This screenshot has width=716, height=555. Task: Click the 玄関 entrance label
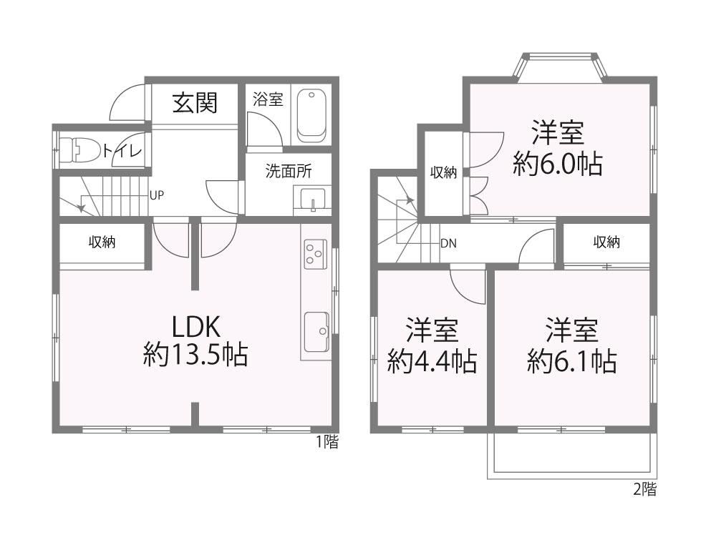coord(195,102)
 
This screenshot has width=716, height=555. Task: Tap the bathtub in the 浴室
coord(312,116)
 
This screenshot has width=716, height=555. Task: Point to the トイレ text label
coord(122,150)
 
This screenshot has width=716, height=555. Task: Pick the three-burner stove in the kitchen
coord(315,255)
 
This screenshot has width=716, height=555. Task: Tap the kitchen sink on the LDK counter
coord(316,332)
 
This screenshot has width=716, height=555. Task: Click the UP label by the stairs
coord(157,196)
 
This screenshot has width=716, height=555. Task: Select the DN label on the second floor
coord(448,243)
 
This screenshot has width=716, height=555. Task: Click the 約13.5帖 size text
coord(195,355)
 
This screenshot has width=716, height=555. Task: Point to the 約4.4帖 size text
coord(432,362)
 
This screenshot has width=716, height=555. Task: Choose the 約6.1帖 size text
coord(571,362)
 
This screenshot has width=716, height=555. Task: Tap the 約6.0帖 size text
coord(558,164)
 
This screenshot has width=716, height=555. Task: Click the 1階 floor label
coord(327,441)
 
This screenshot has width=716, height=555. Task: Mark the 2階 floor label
coord(645,490)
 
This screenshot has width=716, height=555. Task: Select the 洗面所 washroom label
coord(289,171)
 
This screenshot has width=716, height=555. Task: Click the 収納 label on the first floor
coord(102,242)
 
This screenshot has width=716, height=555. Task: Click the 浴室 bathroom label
coord(268,99)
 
